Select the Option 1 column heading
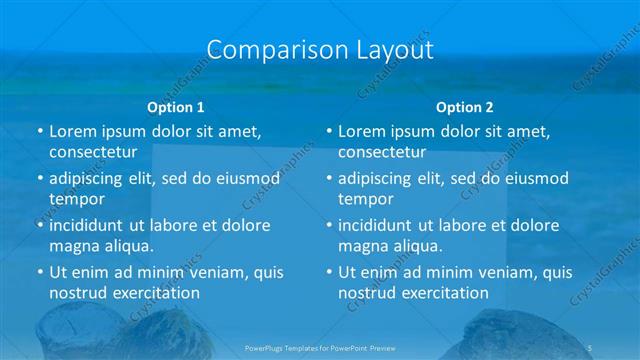pos(176,107)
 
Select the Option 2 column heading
pos(465,107)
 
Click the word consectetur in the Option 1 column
pos(91,153)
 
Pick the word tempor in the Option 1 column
pos(71,200)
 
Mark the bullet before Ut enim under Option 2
pos(329,272)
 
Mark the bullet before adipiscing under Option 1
pos(40,179)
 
